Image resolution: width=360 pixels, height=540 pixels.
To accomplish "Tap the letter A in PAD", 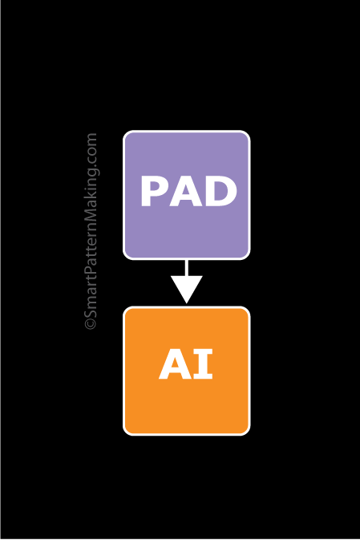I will tap(187, 193).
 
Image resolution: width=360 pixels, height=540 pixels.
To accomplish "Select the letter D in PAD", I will tap(220, 193).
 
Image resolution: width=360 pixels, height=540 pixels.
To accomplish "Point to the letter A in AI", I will tap(176, 365).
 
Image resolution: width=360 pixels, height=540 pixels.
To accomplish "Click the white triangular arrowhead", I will tap(187, 287).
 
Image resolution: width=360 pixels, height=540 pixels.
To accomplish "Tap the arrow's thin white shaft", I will tap(187, 267).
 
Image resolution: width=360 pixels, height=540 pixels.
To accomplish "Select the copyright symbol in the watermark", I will tap(91, 324).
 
